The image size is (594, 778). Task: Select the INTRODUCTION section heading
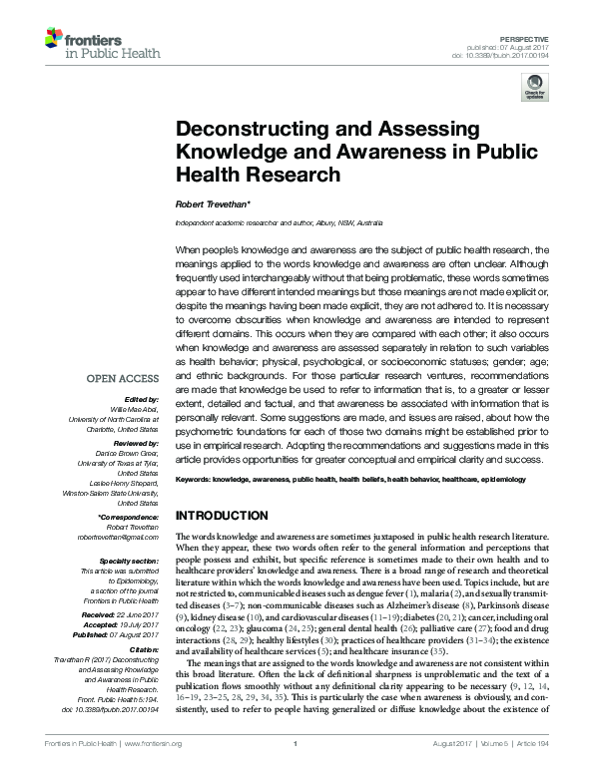point(222,516)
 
